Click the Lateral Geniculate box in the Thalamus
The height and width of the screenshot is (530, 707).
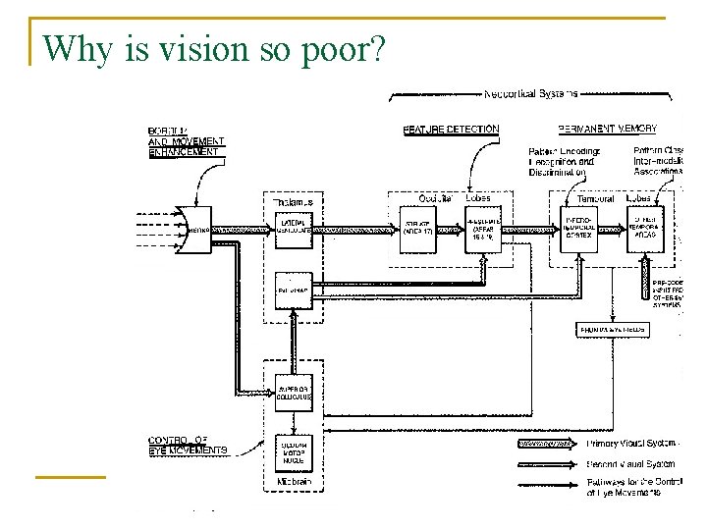pos(293,229)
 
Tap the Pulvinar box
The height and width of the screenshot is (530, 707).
pos(293,291)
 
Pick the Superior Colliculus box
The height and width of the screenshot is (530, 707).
pos(293,392)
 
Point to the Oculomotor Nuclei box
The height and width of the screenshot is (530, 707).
pos(293,449)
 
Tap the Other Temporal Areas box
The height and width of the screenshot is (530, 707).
pos(646,229)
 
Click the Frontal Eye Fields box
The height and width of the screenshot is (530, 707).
pos(613,330)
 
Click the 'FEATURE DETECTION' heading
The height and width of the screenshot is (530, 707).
pos(451,129)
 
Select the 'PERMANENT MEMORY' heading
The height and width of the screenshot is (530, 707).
pos(607,129)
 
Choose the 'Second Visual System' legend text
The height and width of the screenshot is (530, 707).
pos(630,464)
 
